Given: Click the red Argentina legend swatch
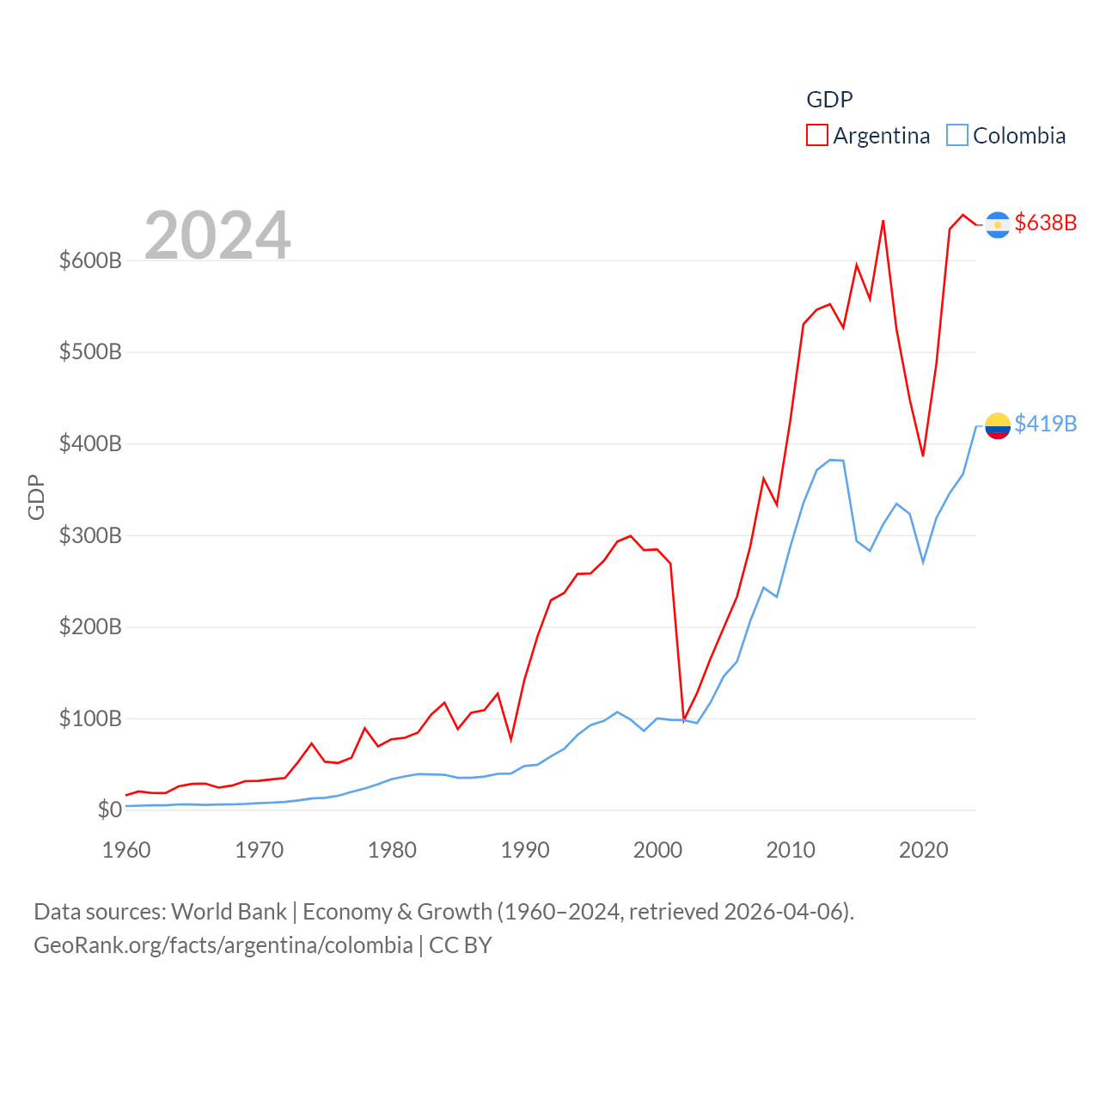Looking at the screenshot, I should [816, 136].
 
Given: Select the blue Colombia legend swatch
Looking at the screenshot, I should [956, 136].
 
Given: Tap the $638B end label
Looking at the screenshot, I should [1045, 223].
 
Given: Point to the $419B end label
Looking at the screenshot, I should [1045, 424].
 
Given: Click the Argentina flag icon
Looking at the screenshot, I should [997, 224].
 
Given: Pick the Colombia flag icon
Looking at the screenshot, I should [997, 425].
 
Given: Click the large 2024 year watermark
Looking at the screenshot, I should [217, 235].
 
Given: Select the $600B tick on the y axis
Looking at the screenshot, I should [90, 260].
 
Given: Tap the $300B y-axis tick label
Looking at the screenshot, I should [90, 535].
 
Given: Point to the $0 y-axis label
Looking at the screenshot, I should [109, 810].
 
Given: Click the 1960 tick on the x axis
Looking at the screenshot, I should [126, 850].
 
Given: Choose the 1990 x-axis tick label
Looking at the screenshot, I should [524, 850].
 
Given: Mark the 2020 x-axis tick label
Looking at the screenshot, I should [923, 850].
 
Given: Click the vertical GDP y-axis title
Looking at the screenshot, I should [36, 497].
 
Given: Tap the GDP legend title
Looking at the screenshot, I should [829, 100].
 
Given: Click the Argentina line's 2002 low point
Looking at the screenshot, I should [684, 719].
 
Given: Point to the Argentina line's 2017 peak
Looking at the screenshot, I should [883, 221].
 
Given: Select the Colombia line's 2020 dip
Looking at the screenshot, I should [923, 562].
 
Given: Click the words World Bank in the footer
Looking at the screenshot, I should [229, 911].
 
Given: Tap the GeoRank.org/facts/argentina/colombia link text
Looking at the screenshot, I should [223, 945].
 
